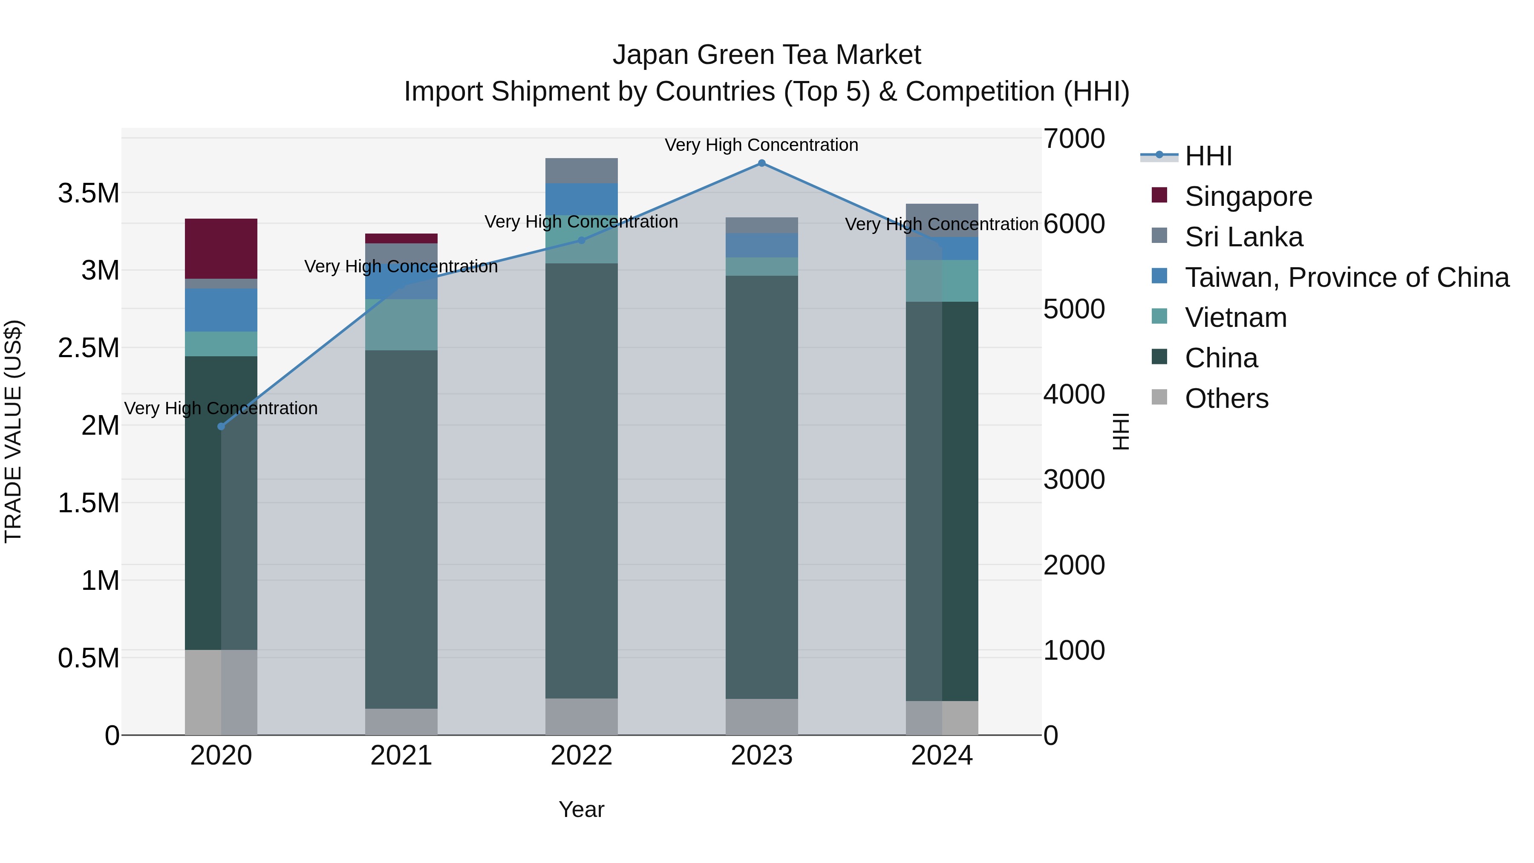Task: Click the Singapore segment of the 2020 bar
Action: tap(221, 248)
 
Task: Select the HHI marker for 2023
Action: tap(761, 163)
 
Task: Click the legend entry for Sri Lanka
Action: tap(1243, 237)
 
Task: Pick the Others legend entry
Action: tap(1226, 398)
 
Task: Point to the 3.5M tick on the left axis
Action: tap(89, 193)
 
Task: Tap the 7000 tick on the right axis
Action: tap(1074, 138)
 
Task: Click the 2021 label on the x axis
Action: tap(401, 756)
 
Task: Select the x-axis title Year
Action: tap(581, 809)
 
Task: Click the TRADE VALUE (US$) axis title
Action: tap(14, 431)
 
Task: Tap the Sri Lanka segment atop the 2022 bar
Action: tap(582, 170)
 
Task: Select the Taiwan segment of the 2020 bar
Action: tap(221, 310)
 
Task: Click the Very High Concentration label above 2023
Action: tap(761, 145)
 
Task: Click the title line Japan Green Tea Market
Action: tap(767, 55)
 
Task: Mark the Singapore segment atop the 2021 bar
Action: tap(401, 238)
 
